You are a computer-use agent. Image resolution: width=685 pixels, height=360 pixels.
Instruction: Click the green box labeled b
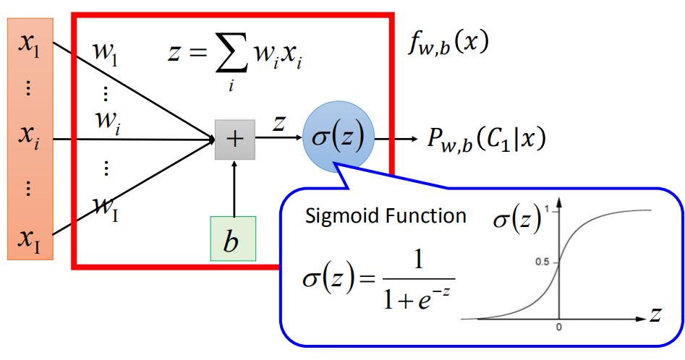pos(233,239)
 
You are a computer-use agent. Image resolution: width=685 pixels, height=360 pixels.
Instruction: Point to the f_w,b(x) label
pos(447,45)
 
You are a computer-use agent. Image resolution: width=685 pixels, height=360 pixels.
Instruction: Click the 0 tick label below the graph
pos(558,327)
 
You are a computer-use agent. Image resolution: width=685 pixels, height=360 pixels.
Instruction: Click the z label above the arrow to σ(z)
pos(278,124)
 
